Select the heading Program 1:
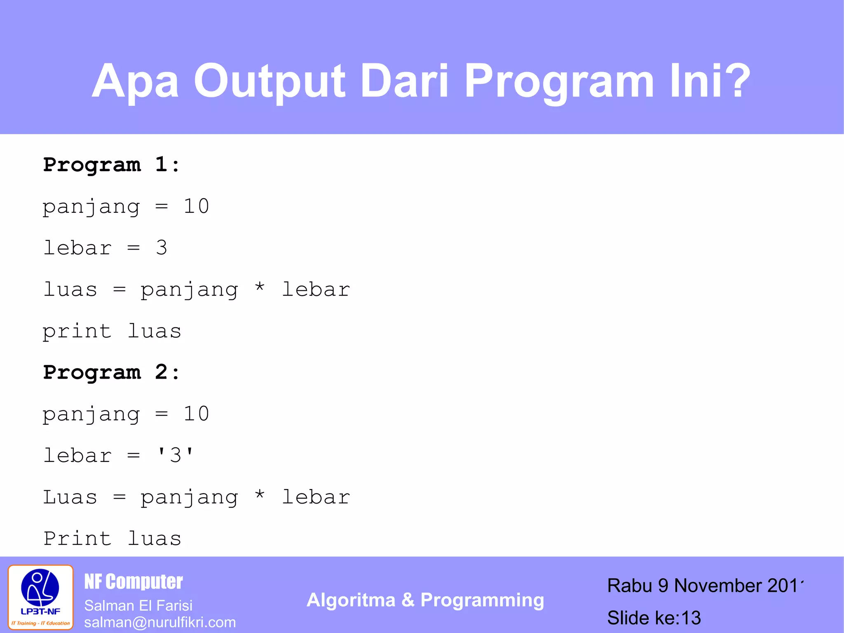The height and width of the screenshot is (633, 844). click(111, 165)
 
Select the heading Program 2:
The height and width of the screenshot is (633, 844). click(111, 372)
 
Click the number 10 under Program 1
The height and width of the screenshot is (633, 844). click(196, 206)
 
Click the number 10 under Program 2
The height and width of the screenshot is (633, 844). click(196, 414)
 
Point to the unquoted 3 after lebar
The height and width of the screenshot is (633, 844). click(162, 248)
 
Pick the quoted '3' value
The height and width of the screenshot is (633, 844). click(175, 456)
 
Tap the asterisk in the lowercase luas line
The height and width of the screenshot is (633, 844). click(259, 287)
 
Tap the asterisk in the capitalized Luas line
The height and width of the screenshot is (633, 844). click(259, 494)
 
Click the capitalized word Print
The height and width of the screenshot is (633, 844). click(77, 539)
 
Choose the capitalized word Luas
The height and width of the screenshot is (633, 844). click(70, 497)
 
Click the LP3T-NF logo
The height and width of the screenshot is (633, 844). click(40, 597)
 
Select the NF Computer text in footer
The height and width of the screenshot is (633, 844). click(133, 582)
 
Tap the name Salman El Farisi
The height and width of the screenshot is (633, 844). click(138, 605)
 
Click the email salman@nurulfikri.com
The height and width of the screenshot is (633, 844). click(160, 622)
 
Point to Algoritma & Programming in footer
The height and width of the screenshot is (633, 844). click(425, 600)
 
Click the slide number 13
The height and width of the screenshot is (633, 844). click(691, 618)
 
